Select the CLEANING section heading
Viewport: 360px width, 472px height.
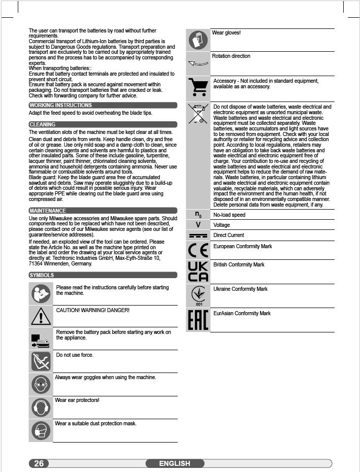(x=43, y=124)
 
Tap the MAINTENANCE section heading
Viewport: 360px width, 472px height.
(x=48, y=211)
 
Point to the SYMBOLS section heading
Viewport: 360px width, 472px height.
(x=42, y=275)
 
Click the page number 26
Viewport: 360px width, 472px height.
(x=39, y=463)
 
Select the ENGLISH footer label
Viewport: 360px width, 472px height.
(x=175, y=463)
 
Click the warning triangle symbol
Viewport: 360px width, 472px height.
(x=41, y=317)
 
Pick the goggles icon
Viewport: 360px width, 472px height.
(x=41, y=385)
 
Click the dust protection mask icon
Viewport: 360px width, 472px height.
(x=41, y=430)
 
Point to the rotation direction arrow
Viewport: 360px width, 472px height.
(x=198, y=64)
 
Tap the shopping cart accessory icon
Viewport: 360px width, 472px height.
(x=198, y=88)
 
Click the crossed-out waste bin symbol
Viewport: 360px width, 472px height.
(x=198, y=114)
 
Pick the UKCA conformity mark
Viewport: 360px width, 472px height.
(x=198, y=272)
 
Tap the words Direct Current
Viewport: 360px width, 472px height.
(x=228, y=235)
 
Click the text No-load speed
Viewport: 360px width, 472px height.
(x=229, y=215)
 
